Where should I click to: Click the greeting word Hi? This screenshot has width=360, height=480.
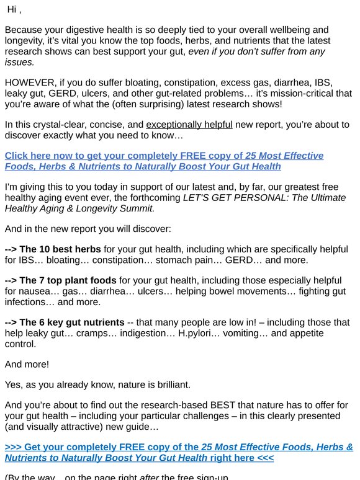tap(12, 9)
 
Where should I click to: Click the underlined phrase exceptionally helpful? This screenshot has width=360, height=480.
tap(189, 125)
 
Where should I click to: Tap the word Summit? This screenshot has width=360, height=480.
tap(138, 209)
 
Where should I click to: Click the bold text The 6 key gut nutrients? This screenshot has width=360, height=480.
tap(71, 322)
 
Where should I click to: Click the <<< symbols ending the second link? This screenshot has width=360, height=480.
tap(263, 458)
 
